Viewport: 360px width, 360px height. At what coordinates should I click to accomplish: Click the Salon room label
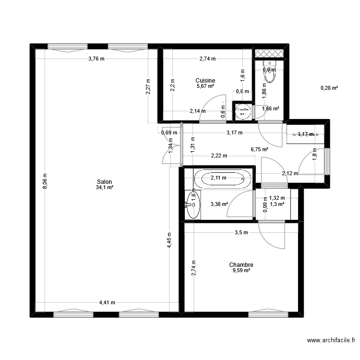104,182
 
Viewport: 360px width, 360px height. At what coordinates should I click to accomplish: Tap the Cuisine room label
205,81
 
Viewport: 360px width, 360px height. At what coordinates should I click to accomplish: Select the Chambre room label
241,264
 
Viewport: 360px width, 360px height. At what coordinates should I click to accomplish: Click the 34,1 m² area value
104,188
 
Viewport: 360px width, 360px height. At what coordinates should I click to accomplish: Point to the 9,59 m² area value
241,270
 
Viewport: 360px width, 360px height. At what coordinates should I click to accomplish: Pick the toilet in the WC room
271,72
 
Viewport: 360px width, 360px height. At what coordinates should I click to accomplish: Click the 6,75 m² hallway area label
259,149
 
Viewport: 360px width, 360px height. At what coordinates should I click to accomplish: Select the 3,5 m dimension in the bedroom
241,233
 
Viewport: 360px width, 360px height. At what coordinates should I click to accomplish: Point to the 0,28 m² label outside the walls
329,88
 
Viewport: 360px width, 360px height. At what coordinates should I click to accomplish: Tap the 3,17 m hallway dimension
234,132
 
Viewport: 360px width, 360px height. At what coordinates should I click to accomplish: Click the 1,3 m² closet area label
277,204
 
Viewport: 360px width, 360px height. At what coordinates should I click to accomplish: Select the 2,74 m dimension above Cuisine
207,59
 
